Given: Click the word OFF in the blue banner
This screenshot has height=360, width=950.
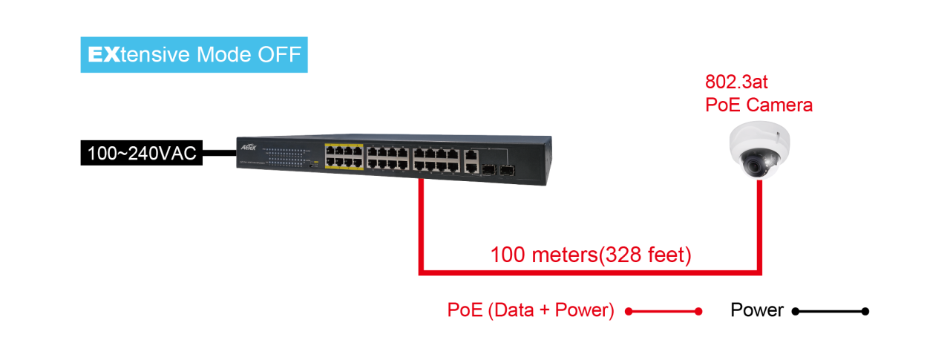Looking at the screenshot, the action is (x=280, y=55).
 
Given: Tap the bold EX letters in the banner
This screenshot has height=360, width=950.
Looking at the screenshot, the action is (x=104, y=55).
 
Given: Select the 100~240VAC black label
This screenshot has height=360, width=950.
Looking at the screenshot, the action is (x=142, y=153).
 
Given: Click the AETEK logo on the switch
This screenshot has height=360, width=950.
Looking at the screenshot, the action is (x=249, y=147).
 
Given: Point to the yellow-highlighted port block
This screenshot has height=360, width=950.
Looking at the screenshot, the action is (x=344, y=156).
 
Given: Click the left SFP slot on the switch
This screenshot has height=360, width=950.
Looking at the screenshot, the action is (x=489, y=170).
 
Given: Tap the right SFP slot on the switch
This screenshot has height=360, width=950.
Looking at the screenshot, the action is (x=507, y=171).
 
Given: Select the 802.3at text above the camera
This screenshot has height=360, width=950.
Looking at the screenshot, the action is (x=736, y=82).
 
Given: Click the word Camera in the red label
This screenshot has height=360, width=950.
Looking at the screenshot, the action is (x=779, y=105).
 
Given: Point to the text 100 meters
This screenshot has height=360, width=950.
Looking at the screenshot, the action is (x=544, y=255).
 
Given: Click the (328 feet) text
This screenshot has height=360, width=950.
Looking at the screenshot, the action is (x=645, y=255).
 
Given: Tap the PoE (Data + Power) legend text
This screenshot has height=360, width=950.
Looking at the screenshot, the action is (x=531, y=310).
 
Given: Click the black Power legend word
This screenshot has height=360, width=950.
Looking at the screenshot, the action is (x=757, y=310).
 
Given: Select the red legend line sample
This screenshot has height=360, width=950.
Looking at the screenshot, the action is (x=664, y=312).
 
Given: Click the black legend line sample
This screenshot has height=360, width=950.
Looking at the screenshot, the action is (x=831, y=312).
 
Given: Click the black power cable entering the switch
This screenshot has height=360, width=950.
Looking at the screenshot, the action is (x=220, y=153).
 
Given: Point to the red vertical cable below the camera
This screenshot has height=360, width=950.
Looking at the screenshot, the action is (x=759, y=226).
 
